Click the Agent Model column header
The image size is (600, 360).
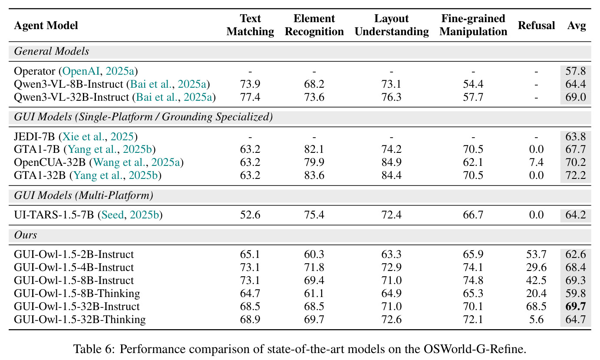coord(46,26)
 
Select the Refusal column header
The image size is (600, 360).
coord(536,26)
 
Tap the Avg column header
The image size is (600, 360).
coord(577,26)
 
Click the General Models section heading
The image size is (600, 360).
coord(51,51)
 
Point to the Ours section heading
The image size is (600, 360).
coord(26,235)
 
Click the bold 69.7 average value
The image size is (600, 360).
coord(576,306)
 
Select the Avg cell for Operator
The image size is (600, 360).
coord(576,71)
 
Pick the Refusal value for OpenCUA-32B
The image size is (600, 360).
coord(536,162)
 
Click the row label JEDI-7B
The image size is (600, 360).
coord(34,137)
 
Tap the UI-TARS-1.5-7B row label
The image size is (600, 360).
coord(54,215)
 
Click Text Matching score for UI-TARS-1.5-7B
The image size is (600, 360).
coord(250,215)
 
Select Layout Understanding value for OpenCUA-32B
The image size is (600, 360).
coord(391,162)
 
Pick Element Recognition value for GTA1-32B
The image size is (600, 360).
coord(314,175)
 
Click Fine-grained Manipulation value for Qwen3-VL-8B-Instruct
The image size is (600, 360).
coord(473,84)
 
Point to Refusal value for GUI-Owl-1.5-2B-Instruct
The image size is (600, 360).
coord(536,254)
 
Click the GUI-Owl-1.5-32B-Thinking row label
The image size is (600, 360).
coord(80,319)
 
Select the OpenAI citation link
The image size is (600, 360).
coord(81,71)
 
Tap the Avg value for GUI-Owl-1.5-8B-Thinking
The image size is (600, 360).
coord(576,293)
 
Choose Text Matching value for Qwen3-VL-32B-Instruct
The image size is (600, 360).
coord(250,97)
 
